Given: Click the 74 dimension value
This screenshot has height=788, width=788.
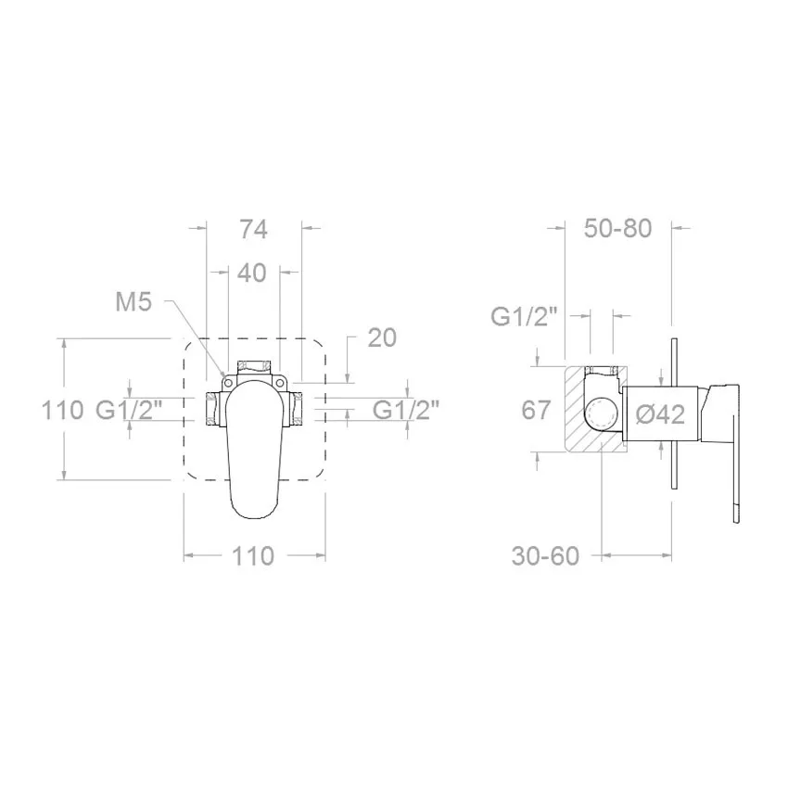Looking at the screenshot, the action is point(253,230).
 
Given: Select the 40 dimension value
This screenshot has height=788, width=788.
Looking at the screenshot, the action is point(251,273).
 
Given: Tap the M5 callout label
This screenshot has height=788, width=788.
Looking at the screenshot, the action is point(133,302).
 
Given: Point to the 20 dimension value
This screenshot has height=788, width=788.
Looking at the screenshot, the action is point(382,337).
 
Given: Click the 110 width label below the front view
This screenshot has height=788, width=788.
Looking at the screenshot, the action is point(253,556).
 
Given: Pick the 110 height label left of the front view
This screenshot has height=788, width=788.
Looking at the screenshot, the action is point(62,410).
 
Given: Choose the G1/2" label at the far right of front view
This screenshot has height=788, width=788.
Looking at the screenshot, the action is point(406,411).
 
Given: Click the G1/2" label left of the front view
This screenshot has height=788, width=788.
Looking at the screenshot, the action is point(129,410).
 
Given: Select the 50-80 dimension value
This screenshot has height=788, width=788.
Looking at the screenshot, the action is point(617,229).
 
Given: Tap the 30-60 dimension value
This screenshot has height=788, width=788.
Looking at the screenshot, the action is point(545,556).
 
